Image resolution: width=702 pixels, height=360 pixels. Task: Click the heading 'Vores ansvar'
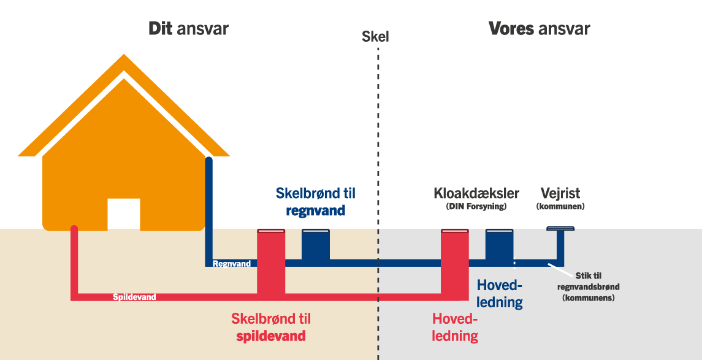pyautogui.click(x=539, y=29)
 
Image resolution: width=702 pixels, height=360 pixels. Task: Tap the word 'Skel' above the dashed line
pyautogui.click(x=375, y=37)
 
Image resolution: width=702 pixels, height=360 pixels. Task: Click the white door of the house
pyautogui.click(x=124, y=214)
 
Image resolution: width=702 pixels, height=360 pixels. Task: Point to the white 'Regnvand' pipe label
pyautogui.click(x=231, y=264)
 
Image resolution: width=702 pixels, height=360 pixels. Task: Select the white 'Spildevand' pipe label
pyautogui.click(x=134, y=297)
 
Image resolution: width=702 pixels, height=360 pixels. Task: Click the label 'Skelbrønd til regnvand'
pyautogui.click(x=315, y=202)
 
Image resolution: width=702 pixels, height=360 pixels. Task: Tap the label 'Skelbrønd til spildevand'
pyautogui.click(x=271, y=327)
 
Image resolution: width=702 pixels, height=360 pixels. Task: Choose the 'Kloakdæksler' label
pyautogui.click(x=476, y=194)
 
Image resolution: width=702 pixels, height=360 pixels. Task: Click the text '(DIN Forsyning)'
pyautogui.click(x=476, y=207)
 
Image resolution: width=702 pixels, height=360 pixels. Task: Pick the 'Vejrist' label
pyautogui.click(x=560, y=194)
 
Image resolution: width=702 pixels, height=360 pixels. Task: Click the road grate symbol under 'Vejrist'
pyautogui.click(x=560, y=229)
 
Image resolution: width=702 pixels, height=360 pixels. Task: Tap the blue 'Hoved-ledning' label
pyautogui.click(x=500, y=294)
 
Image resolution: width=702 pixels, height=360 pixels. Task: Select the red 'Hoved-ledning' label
pyautogui.click(x=455, y=327)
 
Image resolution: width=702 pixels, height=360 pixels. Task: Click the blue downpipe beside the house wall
pyautogui.click(x=208, y=209)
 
